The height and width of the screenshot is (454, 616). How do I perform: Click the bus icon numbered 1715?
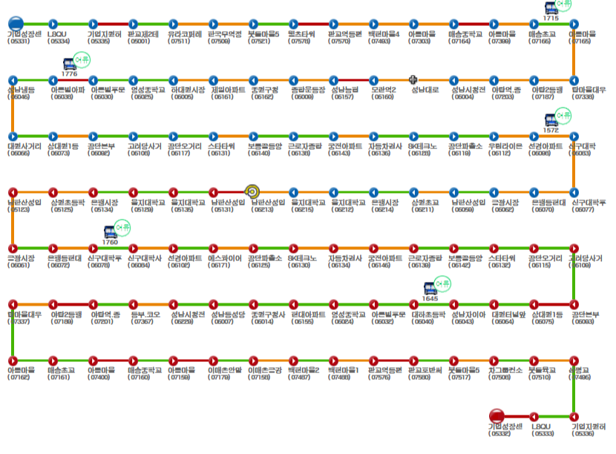[551, 8]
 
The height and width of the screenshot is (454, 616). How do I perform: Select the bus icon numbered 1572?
[551, 119]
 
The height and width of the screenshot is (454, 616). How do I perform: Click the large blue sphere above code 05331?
[16, 24]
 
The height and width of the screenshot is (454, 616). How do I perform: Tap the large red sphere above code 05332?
[497, 415]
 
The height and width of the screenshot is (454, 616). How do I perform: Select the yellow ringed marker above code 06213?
[252, 191]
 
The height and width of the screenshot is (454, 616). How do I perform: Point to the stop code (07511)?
[179, 42]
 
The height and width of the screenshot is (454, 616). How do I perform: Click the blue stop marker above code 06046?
[13, 79]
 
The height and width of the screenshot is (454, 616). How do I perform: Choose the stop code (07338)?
[584, 97]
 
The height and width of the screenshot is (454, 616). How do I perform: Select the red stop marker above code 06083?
[573, 303]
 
